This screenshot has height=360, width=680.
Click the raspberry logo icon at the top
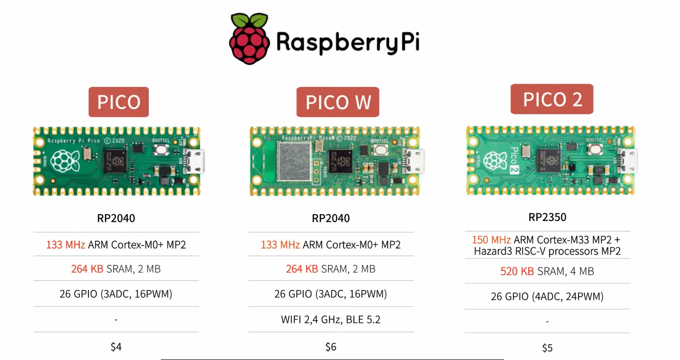coord(249,39)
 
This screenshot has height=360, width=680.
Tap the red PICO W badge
coord(338,102)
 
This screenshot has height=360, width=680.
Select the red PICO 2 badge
coord(552,99)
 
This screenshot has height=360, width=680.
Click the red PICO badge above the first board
coord(118,102)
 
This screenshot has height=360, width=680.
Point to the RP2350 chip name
coord(547,217)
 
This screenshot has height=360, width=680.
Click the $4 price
coord(116,347)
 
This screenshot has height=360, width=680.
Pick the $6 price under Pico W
coord(331,347)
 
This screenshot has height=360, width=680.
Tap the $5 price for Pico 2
coord(547,348)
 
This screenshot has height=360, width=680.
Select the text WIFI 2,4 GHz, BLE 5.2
coord(331,320)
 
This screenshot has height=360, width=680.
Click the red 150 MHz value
coord(491,240)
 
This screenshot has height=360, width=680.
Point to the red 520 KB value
coord(517,271)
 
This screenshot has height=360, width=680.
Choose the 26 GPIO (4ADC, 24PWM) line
coord(547,296)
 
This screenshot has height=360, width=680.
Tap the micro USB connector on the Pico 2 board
coord(628,160)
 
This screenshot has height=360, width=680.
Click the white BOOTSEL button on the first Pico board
coord(161,150)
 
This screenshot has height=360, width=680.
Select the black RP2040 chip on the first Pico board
coord(115,161)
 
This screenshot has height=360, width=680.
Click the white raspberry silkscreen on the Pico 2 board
coord(495,161)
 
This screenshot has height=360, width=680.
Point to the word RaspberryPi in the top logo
coord(348,42)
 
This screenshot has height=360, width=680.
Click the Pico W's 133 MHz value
coord(280,245)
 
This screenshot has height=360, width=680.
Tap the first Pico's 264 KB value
coord(87,269)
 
